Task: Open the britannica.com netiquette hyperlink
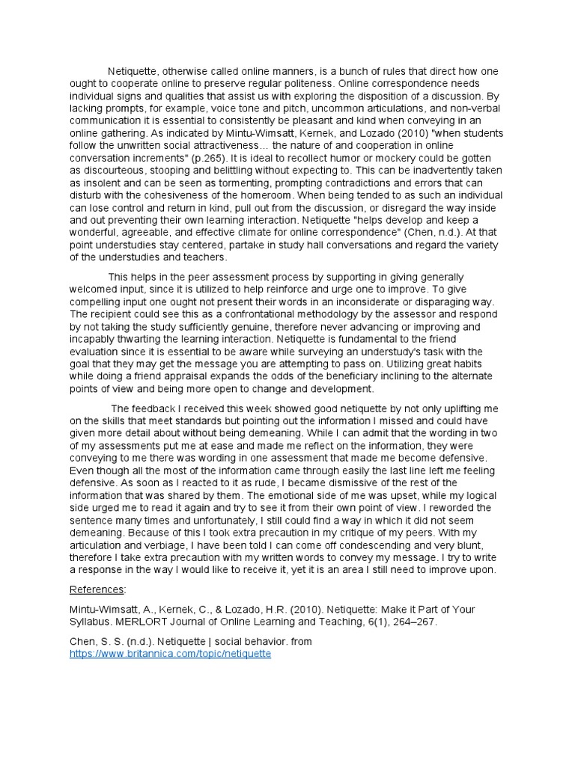(x=171, y=653)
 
